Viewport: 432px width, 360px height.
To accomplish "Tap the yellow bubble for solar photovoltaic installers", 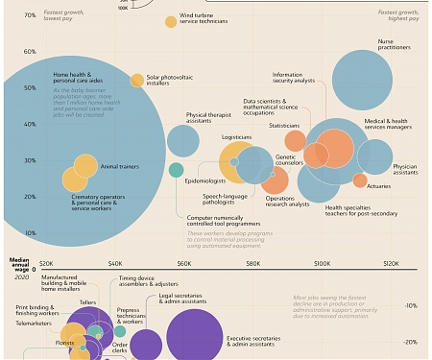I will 137,81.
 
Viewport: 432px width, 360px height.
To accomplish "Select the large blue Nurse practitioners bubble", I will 362,81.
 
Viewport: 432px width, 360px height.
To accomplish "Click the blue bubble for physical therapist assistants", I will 182,140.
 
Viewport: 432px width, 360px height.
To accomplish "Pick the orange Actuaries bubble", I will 360,180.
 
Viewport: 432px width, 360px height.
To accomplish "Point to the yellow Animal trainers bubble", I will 85,166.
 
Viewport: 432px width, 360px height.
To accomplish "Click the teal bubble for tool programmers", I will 176,170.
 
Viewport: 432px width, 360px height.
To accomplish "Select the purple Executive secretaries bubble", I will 194,338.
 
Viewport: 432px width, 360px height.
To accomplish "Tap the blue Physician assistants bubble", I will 374,156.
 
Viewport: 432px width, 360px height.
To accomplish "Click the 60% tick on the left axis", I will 30,52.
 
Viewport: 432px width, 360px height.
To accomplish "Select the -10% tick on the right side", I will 411,305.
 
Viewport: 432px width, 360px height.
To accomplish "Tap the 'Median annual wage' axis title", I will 19,265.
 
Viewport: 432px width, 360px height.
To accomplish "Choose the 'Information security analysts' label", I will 294,78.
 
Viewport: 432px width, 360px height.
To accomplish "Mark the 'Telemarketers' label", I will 34,324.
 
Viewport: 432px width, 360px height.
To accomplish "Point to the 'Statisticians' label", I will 284,126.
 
